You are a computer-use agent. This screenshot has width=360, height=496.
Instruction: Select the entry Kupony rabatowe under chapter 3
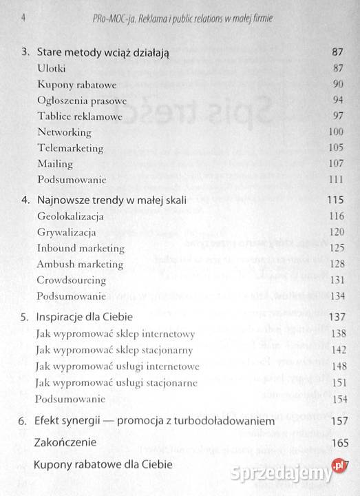tap(76, 85)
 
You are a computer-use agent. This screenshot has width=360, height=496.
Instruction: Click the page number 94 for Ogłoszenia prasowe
tap(337, 101)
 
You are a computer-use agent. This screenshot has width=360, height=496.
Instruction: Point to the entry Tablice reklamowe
tap(80, 116)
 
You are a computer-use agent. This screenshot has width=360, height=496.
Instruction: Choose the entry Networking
tap(64, 132)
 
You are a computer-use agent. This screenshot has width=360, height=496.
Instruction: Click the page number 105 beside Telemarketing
tap(335, 148)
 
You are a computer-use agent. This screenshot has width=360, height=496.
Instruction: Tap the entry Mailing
tap(55, 164)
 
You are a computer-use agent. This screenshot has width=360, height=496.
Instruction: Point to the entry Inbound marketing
tap(81, 248)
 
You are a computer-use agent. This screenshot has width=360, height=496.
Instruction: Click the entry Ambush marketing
tap(81, 264)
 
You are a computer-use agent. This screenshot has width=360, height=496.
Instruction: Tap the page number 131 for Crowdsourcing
tap(335, 280)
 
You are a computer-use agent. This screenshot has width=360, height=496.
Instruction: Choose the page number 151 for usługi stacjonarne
tap(335, 382)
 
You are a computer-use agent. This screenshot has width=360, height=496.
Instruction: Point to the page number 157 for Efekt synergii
tap(335, 420)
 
